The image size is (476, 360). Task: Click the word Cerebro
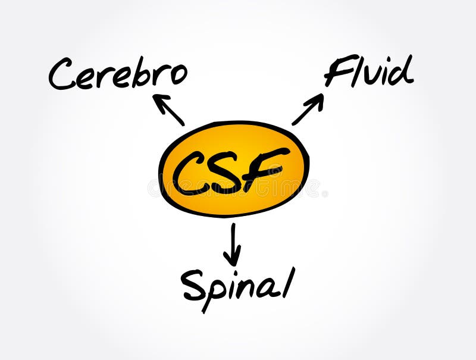pyautogui.click(x=118, y=75)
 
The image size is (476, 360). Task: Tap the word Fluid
pyautogui.click(x=368, y=72)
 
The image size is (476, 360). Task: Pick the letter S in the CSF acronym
pyautogui.click(x=228, y=173)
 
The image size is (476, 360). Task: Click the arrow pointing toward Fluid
pyautogui.click(x=308, y=109)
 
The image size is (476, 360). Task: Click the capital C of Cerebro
pyautogui.click(x=62, y=76)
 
